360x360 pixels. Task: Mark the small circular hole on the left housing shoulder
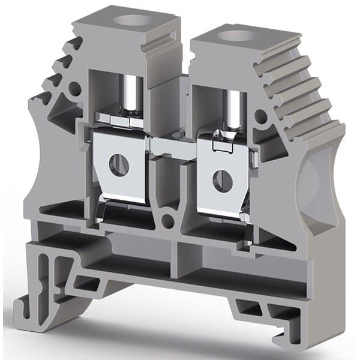[75, 91]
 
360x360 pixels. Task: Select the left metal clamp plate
[120, 174]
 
